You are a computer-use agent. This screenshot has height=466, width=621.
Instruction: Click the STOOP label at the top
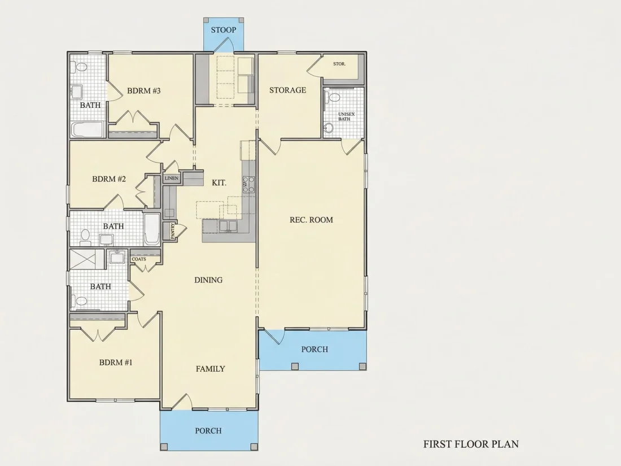coord(224,30)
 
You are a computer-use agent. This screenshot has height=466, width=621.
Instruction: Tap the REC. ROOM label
coord(311,220)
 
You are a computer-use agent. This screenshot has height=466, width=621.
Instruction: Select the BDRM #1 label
coord(116,362)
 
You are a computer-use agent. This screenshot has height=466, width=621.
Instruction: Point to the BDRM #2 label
coord(109,178)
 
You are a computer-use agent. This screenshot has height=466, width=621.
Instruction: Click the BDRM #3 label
coord(144,91)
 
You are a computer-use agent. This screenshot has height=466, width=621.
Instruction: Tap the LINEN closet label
coord(172,178)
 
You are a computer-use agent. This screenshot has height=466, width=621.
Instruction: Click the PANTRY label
coord(173,230)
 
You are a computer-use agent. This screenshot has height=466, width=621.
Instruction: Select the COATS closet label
coord(139,259)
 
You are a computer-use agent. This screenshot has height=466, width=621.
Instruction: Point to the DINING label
coord(208,280)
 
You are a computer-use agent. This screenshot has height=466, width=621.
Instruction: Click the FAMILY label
coord(211,369)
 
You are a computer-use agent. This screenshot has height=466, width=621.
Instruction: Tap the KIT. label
coord(219,182)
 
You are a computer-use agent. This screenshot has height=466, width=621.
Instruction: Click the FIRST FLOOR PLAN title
coord(471,444)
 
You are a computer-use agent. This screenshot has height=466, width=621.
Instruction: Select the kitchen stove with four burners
coord(248,185)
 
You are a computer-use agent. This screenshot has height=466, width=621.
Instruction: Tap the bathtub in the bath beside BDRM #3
coord(88,129)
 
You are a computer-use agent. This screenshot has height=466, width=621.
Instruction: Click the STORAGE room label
coord(287,90)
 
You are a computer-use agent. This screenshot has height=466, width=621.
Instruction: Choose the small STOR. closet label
coord(339,63)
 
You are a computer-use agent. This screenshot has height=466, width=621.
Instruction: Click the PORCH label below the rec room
coord(314,349)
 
